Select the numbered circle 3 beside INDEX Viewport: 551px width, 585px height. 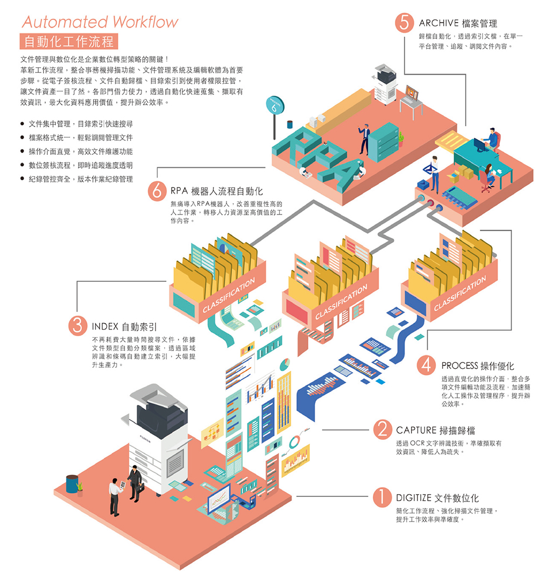77,326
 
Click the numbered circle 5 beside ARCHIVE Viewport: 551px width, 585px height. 404,23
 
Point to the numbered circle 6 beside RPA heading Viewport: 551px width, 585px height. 157,191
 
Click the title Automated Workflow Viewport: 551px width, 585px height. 100,22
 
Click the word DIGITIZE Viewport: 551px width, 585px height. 413,498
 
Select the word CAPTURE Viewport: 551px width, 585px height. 416,430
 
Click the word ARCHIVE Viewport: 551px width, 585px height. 439,23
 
